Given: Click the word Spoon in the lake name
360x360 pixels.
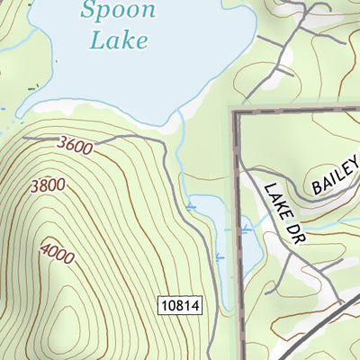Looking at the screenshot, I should [x=117, y=12].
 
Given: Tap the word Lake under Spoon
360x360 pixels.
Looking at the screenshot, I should [x=119, y=40].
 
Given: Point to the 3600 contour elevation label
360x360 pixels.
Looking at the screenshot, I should [x=73, y=146].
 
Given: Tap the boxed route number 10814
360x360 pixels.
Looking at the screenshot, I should [x=179, y=306].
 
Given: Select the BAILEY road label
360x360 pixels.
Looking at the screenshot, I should [x=334, y=177].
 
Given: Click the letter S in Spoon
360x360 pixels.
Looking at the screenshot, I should [x=88, y=12].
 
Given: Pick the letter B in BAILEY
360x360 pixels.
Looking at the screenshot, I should [x=317, y=188].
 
